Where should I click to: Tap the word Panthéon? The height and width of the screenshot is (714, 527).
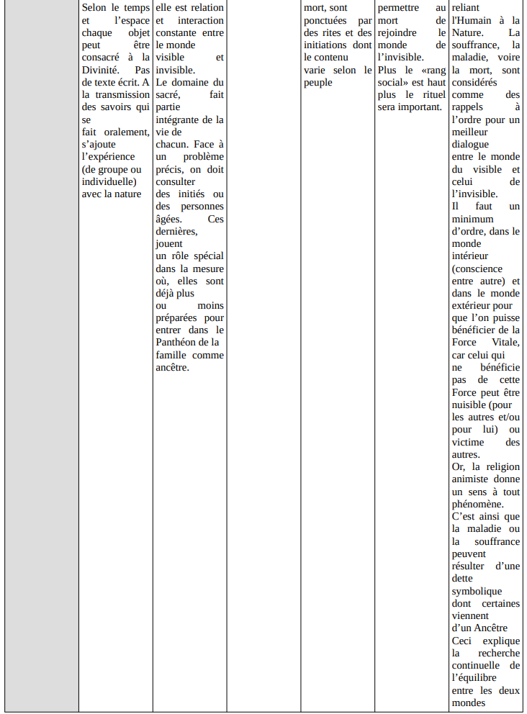pyautogui.click(x=179, y=342)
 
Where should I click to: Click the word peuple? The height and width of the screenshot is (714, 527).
pyautogui.click(x=318, y=82)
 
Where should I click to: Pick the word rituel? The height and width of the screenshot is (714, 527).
pyautogui.click(x=430, y=94)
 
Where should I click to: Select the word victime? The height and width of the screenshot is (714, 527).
pyautogui.click(x=468, y=442)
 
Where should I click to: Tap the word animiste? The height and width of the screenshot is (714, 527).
pyautogui.click(x=474, y=479)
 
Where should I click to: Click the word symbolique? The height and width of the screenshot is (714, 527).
pyautogui.click(x=477, y=590)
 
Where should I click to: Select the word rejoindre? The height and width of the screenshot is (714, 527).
pyautogui.click(x=399, y=32)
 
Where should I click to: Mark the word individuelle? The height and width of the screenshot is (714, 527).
pyautogui.click(x=108, y=181)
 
